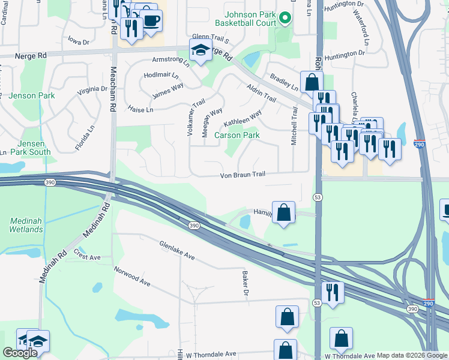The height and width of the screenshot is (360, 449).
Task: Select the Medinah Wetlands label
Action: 26,225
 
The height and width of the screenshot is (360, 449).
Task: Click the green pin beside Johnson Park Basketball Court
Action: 286,19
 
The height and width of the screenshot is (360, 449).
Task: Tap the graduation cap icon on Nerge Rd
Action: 202,51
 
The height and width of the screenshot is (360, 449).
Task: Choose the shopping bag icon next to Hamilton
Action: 283,212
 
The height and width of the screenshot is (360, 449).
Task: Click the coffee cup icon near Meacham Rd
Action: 151,20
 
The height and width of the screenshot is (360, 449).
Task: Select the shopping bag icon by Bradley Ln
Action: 312,82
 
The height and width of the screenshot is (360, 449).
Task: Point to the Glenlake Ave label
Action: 177,250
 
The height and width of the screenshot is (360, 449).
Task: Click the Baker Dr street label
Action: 246,284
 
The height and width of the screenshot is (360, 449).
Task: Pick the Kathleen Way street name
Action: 243,118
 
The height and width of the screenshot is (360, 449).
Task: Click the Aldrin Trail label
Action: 261,93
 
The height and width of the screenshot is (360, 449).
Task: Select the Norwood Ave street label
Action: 131,276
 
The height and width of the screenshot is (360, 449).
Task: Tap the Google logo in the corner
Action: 20,353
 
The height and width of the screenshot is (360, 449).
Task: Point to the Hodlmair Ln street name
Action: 161,76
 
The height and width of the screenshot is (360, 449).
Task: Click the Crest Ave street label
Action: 86,255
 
